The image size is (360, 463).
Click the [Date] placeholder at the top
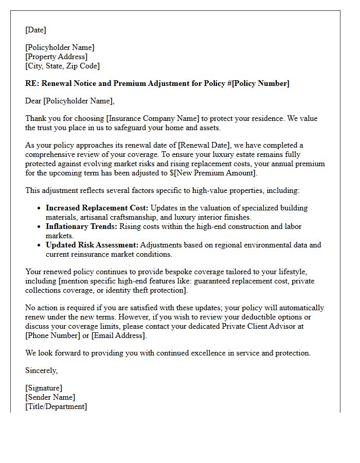35,30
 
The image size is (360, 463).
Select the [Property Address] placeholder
57,57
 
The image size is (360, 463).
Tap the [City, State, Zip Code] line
62,66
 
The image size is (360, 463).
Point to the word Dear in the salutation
33,101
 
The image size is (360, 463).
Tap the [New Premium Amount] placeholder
217,173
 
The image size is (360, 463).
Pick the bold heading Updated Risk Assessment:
92,245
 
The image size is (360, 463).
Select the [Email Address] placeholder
119,335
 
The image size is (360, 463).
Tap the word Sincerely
41,370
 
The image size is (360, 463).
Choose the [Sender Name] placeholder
50,397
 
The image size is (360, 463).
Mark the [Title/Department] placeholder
56,406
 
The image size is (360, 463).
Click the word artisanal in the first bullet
97,217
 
